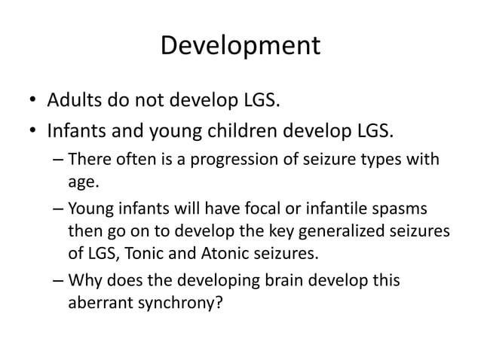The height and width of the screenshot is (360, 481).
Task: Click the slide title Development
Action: tap(240, 47)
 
